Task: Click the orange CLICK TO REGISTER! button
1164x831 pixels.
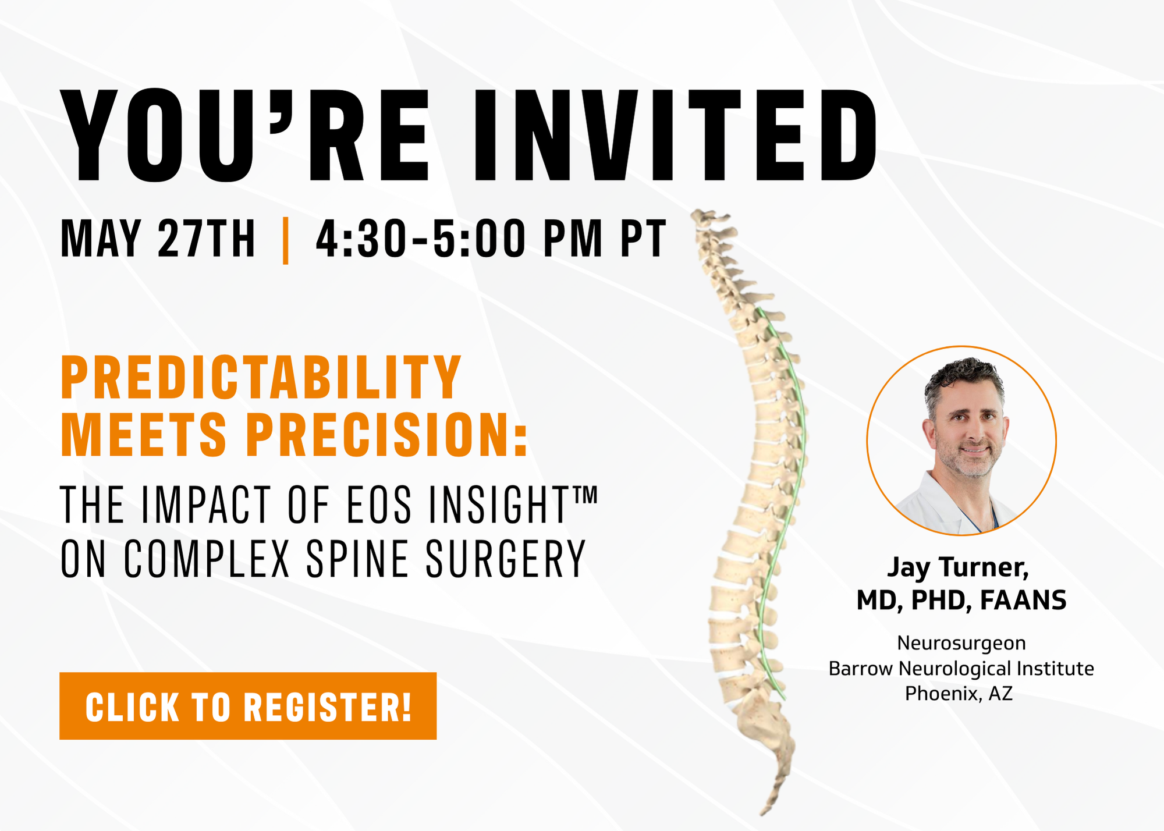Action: (x=248, y=706)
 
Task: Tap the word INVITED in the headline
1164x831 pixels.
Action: (x=676, y=136)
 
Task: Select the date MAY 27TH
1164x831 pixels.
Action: (x=158, y=239)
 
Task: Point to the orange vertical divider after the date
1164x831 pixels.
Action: (x=285, y=240)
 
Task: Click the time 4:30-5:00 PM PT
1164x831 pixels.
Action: (x=491, y=239)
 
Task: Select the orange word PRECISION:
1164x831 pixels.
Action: (x=387, y=434)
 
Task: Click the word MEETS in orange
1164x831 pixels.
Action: (x=144, y=434)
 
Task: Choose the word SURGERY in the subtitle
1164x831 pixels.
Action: (x=505, y=559)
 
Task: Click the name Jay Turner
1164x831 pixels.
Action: (x=958, y=567)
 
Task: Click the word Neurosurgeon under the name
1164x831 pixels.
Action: (x=961, y=643)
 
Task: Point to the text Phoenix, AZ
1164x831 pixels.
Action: (x=959, y=694)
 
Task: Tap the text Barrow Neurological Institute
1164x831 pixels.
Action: (x=961, y=669)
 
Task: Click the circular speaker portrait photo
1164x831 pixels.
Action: (x=961, y=441)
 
